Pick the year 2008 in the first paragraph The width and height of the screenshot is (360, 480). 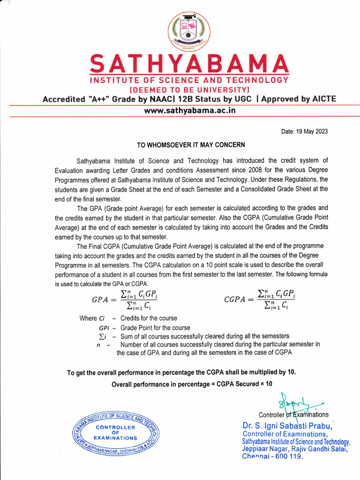tap(261, 170)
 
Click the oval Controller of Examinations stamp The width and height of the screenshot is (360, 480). tap(115, 433)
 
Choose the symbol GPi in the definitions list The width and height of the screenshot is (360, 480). tap(105, 328)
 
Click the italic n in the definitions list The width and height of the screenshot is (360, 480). tap(98, 345)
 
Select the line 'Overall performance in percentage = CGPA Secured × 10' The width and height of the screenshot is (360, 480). tap(191, 384)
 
